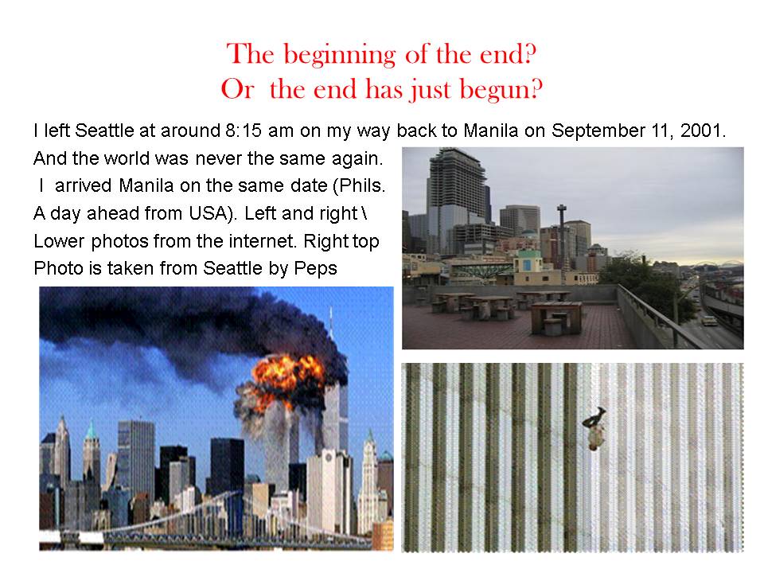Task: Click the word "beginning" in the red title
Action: (x=340, y=55)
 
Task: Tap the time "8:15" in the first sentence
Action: (x=244, y=131)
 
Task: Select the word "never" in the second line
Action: (x=218, y=158)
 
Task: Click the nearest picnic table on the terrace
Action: (x=555, y=318)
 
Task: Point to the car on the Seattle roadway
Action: (x=708, y=321)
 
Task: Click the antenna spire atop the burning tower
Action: (x=331, y=322)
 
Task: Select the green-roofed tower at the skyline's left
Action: (x=91, y=453)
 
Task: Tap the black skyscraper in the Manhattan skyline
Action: (x=227, y=467)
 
